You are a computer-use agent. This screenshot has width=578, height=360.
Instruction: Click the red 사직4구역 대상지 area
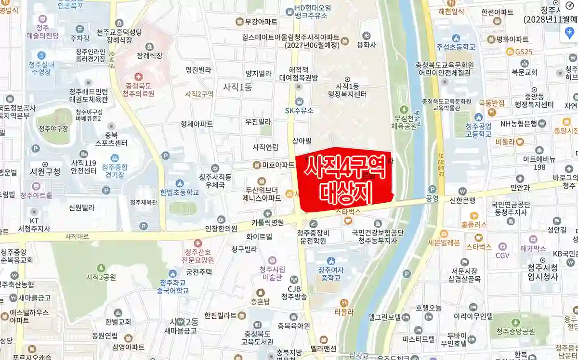pos(344,180)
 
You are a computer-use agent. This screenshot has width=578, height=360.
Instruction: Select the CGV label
pos(502,255)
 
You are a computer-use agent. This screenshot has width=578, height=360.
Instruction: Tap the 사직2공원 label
pos(101,277)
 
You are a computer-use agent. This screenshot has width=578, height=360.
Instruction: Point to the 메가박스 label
pos(533,249)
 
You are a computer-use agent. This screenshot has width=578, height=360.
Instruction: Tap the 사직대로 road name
pos(77,236)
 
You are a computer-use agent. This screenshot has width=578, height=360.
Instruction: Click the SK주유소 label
pos(299,110)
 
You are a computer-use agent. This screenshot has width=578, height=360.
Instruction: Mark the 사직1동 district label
pos(237,87)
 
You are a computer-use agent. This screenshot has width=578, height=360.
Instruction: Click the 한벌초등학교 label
pos(179,192)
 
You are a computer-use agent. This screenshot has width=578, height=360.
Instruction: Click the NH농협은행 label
pos(519,124)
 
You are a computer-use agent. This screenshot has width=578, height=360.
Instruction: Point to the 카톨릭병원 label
pos(267,222)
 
